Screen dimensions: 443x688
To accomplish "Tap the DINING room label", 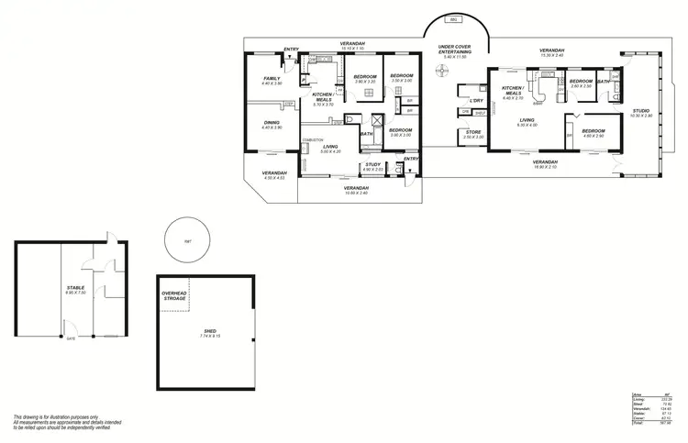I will pos(272,125).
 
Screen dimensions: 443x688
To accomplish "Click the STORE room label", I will pos(473,134).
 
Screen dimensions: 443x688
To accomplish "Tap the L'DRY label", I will pos(476,101).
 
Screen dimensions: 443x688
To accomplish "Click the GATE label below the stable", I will pos(70,338).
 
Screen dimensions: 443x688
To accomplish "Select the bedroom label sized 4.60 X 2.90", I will pos(593,132).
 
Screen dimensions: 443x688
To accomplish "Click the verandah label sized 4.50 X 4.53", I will pos(273,176).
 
